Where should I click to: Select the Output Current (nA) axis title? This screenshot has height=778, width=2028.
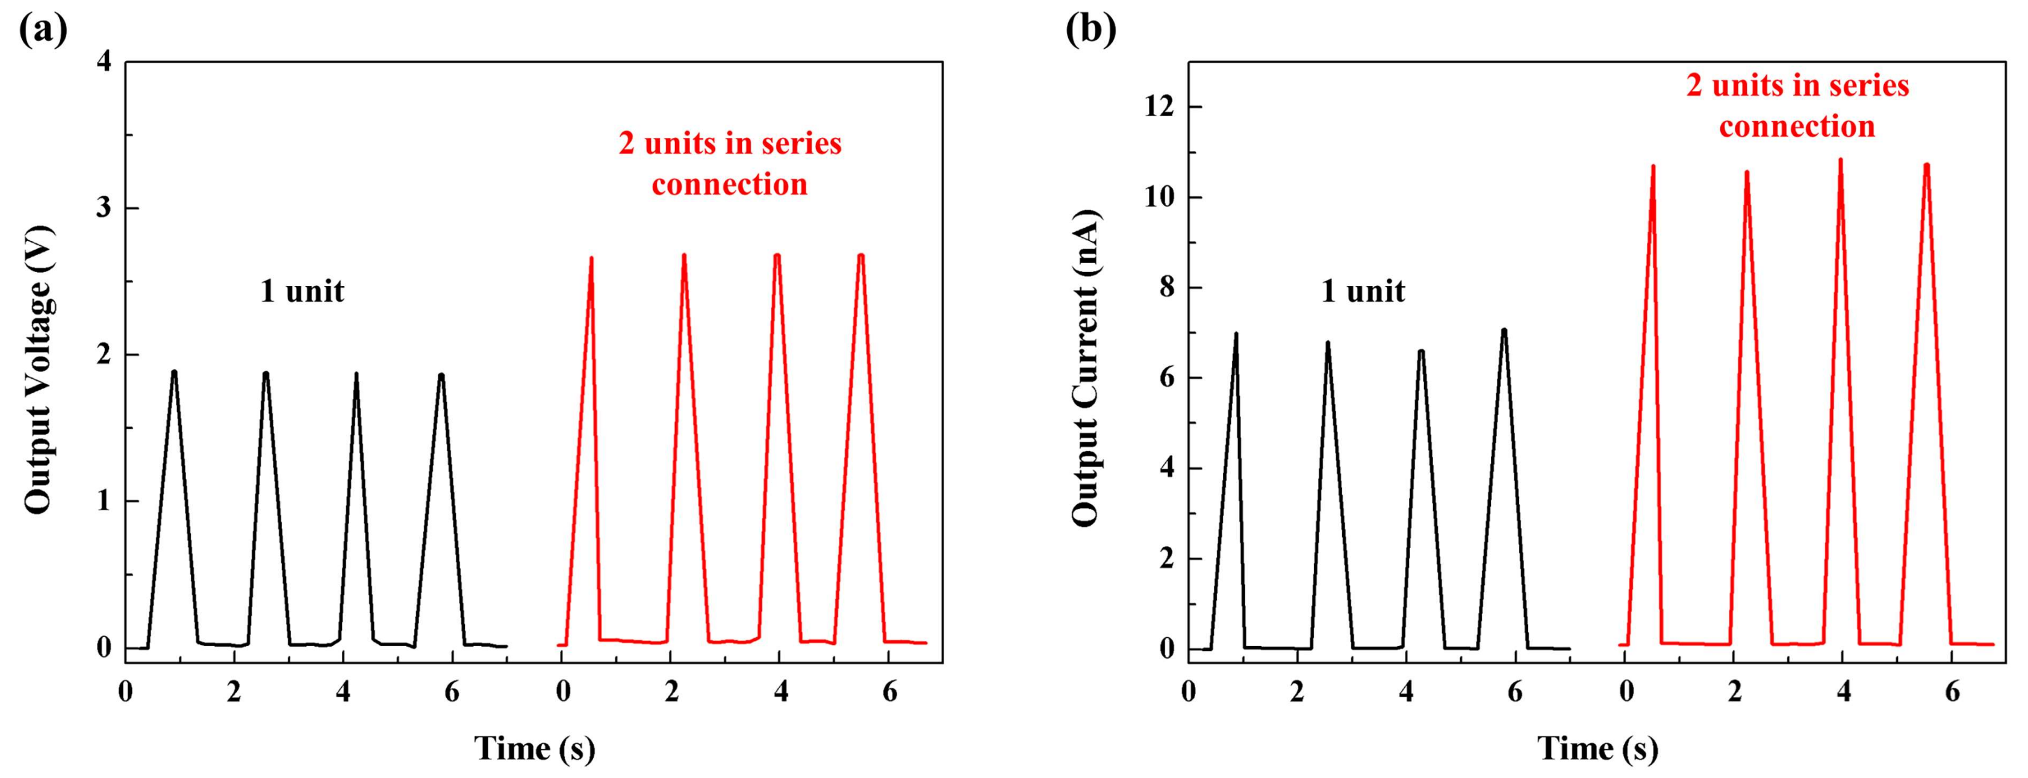pyautogui.click(x=1085, y=369)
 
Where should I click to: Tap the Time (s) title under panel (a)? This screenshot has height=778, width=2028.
pyautogui.click(x=535, y=748)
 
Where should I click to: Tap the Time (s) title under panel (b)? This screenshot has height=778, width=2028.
pyautogui.click(x=1598, y=748)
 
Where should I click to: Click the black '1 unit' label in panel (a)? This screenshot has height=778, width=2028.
pyautogui.click(x=302, y=292)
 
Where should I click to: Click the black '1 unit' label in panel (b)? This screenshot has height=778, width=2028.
pyautogui.click(x=1363, y=292)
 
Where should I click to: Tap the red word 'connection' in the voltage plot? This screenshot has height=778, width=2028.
pyautogui.click(x=730, y=184)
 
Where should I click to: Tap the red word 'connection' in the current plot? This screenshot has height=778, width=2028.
pyautogui.click(x=1797, y=126)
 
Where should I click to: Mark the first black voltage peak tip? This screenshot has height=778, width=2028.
pyautogui.click(x=174, y=372)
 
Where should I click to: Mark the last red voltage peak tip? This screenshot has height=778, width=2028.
pyautogui.click(x=860, y=255)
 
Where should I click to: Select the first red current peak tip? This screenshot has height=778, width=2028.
pyautogui.click(x=1652, y=166)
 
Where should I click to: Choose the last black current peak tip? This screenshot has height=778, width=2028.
pyautogui.click(x=1504, y=330)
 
